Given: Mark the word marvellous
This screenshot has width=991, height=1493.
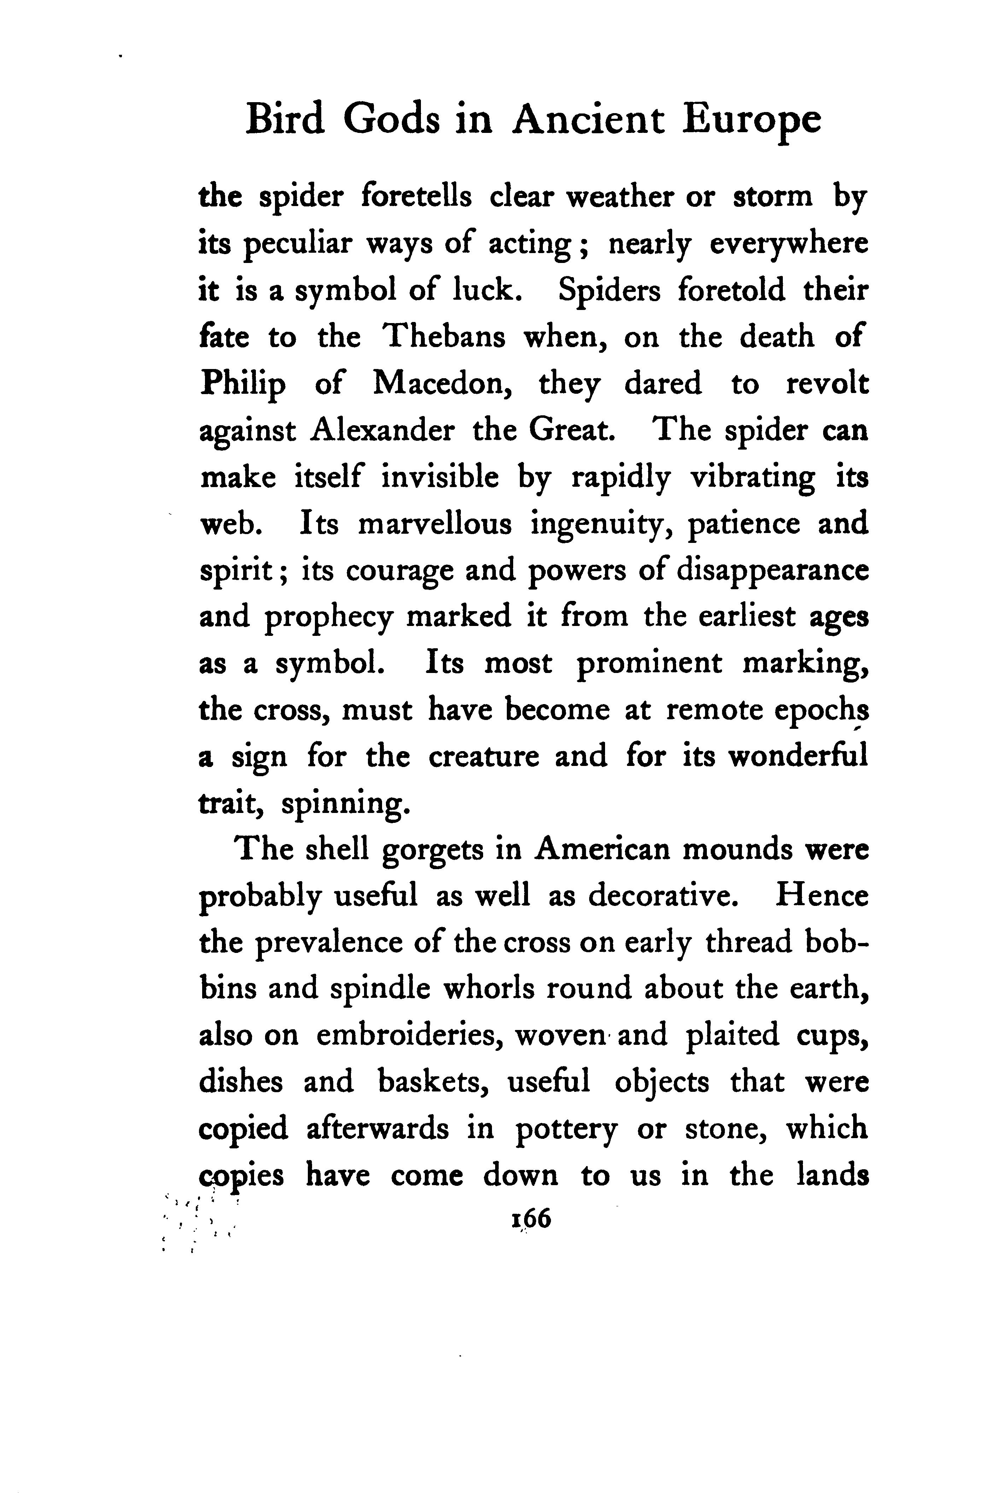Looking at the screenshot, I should [x=434, y=524].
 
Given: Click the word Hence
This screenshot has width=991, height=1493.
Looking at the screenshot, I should [x=822, y=896].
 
